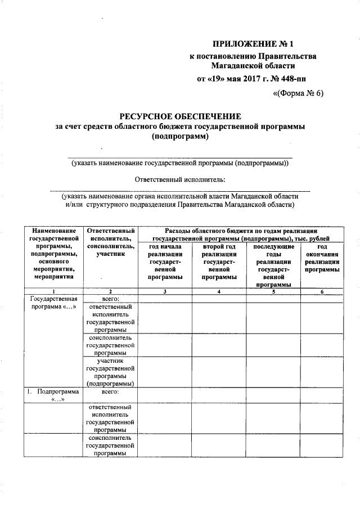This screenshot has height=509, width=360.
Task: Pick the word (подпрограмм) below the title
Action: [x=180, y=137]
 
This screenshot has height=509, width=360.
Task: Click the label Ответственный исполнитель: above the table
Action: [x=180, y=179]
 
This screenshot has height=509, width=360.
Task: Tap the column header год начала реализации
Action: [x=165, y=262]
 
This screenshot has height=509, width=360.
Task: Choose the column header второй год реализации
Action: [x=219, y=262]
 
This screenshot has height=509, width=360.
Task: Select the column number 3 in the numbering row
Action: [x=165, y=291]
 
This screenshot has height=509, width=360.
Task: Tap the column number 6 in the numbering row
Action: [x=322, y=291]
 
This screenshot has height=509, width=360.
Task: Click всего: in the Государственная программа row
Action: [x=110, y=298]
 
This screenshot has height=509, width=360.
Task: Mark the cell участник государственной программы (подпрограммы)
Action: [x=110, y=372]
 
